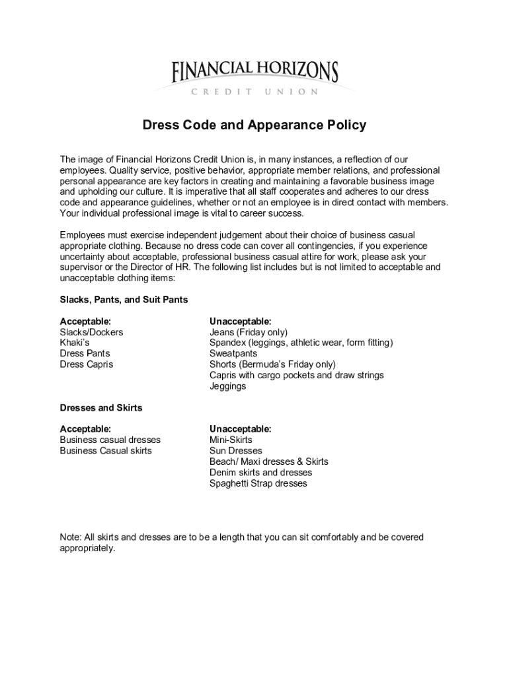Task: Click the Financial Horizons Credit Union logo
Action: pos(255,78)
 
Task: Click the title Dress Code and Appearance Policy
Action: pos(255,125)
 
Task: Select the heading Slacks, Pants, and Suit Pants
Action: pos(124,300)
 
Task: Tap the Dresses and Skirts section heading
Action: pos(101,408)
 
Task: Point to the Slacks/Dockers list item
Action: pos(91,332)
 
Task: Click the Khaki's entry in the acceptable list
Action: pos(75,343)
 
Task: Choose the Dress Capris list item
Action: pos(87,364)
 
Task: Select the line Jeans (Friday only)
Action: pos(249,332)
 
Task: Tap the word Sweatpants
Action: pos(233,354)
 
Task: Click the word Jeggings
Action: pos(227,386)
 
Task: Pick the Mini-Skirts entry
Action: pos(231,440)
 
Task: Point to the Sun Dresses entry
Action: pos(236,451)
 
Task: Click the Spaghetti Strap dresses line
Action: pos(258,483)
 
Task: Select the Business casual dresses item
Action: pos(110,440)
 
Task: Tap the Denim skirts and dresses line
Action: pos(260,473)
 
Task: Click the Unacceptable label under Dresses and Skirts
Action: pos(240,429)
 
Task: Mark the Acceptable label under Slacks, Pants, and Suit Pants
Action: pos(85,321)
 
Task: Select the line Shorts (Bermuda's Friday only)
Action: pos(272,364)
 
